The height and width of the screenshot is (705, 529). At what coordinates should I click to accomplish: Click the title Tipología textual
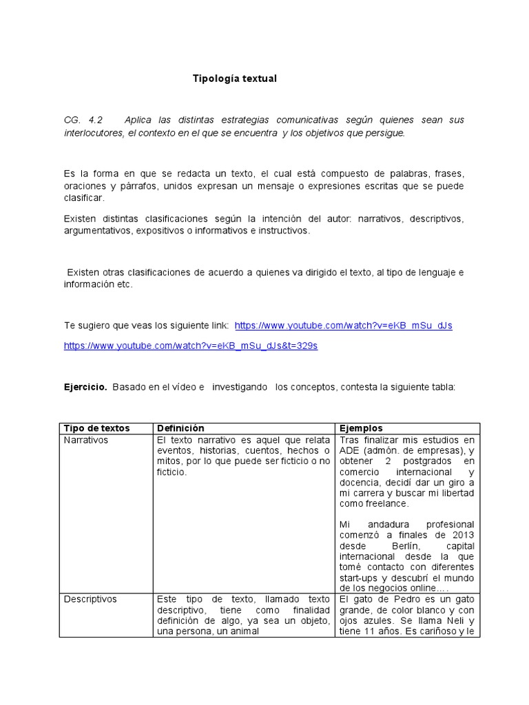pos(234,78)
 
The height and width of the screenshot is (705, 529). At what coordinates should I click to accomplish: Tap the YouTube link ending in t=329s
pos(191,346)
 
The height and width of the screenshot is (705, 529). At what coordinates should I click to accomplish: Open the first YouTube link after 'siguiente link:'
pos(343,326)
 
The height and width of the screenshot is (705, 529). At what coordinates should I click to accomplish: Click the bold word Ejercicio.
pos(85,388)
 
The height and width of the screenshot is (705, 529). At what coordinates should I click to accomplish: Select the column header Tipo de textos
pos(96,428)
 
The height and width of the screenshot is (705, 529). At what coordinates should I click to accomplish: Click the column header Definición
pos(180,428)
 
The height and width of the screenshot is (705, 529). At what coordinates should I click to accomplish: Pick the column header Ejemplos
pos(360,428)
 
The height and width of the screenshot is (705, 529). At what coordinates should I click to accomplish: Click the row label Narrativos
pos(86,440)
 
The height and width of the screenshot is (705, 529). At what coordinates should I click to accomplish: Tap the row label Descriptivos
pos(90,599)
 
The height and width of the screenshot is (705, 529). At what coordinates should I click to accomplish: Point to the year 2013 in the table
pos(462,536)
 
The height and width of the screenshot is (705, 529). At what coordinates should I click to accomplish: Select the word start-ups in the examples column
pos(360,578)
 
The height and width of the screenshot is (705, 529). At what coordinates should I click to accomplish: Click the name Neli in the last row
pos(447,621)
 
